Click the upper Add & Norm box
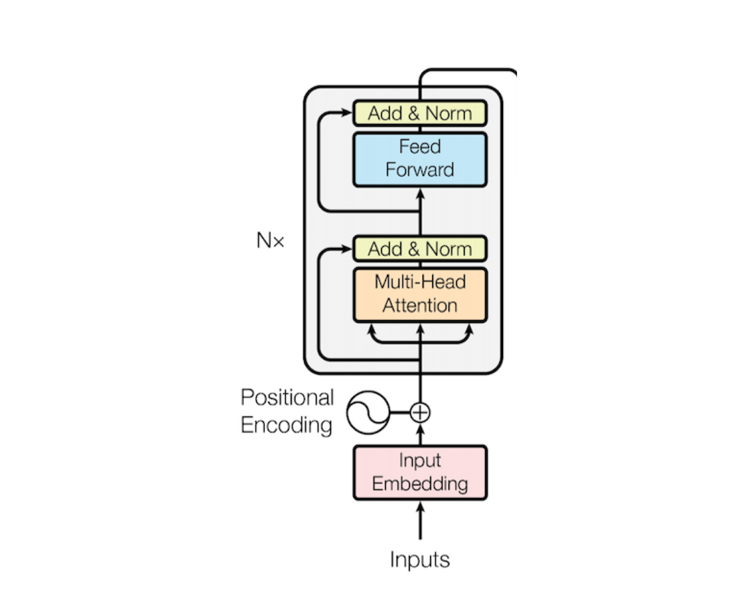tap(420, 113)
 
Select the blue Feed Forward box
tap(420, 159)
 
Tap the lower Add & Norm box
tap(420, 249)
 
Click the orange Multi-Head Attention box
tap(420, 295)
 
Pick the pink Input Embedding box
tap(420, 473)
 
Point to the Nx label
tap(270, 240)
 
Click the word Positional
tap(287, 397)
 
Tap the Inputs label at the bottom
tap(420, 560)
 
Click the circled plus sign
tap(420, 413)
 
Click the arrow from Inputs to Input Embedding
tap(420, 521)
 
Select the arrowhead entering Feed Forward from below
tap(420, 194)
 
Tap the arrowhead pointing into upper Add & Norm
tap(346, 112)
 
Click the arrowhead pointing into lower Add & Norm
tap(346, 249)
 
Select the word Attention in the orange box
tap(420, 306)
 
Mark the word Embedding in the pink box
tap(420, 484)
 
